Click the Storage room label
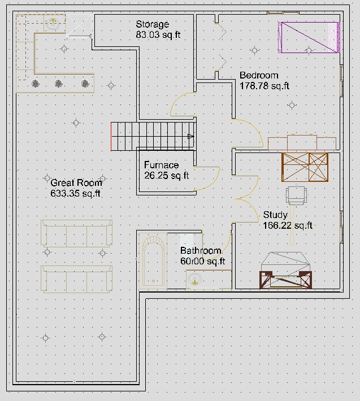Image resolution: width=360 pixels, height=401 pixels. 152,24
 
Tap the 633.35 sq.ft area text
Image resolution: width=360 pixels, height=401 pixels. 75,193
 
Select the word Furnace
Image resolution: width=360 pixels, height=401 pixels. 161,165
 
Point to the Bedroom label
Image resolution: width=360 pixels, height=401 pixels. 259,76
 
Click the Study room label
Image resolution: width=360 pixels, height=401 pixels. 275,215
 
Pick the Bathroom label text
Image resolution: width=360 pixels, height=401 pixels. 201,251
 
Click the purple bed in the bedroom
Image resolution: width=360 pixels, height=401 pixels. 309,37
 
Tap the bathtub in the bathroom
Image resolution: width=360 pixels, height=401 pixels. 153,261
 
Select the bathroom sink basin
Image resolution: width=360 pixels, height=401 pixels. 194,279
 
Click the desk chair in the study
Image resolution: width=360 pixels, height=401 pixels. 296,195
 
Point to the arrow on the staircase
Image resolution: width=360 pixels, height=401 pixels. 190,136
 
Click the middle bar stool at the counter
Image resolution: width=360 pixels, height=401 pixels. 59,84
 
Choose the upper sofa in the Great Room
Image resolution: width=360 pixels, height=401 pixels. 76,233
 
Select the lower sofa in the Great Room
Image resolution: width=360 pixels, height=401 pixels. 76,279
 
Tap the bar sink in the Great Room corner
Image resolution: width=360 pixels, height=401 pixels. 53,24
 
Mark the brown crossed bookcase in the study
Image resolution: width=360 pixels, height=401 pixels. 305,167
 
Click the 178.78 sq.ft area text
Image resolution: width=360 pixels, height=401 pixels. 264,86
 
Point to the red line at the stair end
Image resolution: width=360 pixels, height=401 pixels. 111,137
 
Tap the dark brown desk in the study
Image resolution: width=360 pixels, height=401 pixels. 285,280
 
